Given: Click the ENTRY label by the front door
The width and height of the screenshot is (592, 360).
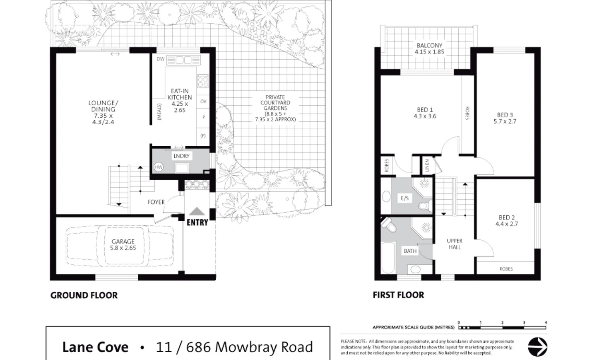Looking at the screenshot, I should coord(197,222).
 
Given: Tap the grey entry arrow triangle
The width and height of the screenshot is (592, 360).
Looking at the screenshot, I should coord(197,211).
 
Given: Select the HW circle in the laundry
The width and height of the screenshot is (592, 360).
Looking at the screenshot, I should coord(159,167).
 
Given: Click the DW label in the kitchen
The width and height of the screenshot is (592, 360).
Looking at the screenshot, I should coord(161,59).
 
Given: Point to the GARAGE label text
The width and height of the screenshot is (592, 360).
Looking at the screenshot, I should coord(123,242).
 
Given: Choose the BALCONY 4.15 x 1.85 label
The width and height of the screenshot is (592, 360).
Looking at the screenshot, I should coord(429,49).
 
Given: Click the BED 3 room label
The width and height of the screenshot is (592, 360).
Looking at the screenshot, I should coord(505,118).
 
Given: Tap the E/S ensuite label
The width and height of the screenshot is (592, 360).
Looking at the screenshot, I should coord(404,198).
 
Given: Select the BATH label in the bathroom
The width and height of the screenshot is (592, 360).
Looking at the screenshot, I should coord(410,251).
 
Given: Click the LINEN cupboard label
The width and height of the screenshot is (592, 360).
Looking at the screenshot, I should coord(427,166).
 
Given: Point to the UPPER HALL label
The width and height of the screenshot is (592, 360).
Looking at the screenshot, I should coord(455,244).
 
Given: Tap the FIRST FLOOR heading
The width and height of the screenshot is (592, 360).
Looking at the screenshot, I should coord(398,295).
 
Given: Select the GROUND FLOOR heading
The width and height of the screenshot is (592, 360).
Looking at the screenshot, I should coord(84,295).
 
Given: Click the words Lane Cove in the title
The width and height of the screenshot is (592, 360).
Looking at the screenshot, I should coord(95,347).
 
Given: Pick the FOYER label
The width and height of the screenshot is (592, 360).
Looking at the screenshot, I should coord(156,202).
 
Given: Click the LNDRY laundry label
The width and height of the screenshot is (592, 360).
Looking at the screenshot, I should coord(181,156).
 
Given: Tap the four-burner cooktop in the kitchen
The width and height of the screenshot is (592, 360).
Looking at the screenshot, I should coord(203,81).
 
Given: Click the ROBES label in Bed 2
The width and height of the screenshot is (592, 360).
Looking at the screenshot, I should coord(506,269).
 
